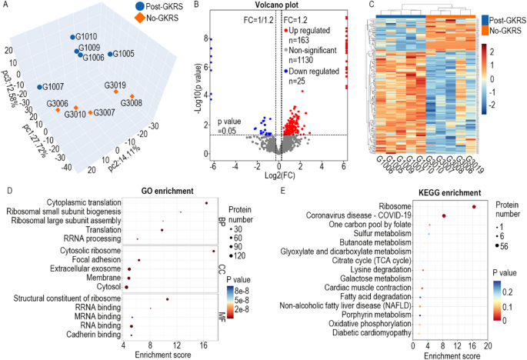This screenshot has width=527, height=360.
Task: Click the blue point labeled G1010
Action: (x=72, y=36)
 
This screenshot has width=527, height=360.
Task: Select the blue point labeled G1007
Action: (x=38, y=86)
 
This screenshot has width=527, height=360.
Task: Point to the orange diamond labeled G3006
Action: (x=58, y=110)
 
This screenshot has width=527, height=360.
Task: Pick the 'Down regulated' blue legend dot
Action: (x=285, y=71)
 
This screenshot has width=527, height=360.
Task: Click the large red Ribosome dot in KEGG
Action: (x=474, y=206)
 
